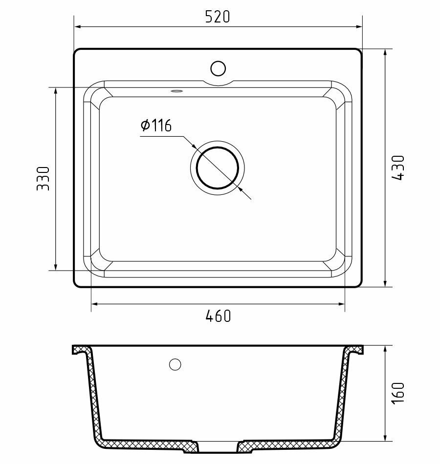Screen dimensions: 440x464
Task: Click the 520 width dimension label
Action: coord(218,17)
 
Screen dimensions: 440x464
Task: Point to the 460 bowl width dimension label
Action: coord(218,316)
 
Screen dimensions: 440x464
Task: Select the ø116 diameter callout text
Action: coord(155,126)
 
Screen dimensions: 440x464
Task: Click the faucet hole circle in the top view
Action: coord(218,67)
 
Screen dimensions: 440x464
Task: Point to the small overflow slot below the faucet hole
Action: coord(176,90)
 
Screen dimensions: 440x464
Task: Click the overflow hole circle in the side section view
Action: coord(175,364)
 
